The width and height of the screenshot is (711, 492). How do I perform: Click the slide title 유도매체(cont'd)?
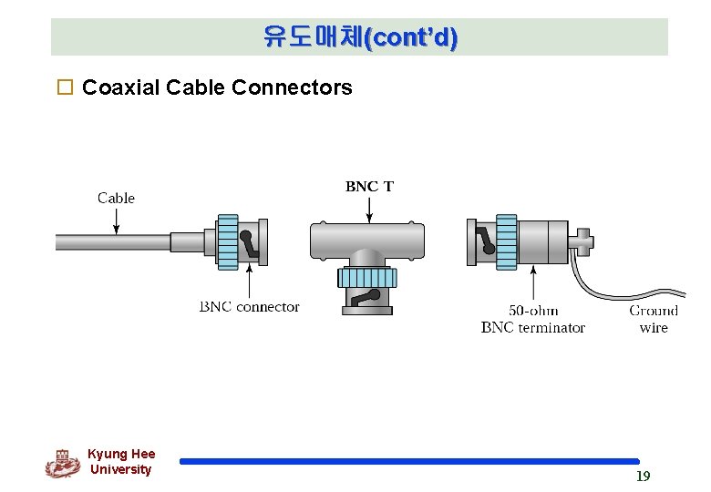(x=360, y=37)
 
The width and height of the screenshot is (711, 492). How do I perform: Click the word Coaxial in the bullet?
(x=118, y=87)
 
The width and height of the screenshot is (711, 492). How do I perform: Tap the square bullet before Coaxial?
(x=64, y=88)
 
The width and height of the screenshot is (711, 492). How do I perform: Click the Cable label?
(x=116, y=198)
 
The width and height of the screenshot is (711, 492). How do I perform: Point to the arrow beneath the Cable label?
(x=117, y=220)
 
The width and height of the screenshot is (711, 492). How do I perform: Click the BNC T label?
(x=369, y=186)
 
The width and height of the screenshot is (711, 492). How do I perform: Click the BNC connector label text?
(x=249, y=307)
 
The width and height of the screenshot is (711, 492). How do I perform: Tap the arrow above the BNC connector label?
(x=249, y=282)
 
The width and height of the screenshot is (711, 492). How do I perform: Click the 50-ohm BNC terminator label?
(x=532, y=319)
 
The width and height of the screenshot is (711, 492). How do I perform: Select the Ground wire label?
(x=653, y=319)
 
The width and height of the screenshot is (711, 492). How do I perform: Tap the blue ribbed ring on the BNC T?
(x=366, y=277)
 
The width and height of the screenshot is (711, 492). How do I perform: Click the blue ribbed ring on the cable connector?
(x=228, y=242)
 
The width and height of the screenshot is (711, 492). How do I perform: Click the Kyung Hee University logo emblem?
(x=62, y=463)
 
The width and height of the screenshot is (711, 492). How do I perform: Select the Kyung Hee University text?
(x=121, y=462)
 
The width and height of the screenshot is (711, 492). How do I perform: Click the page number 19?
(x=643, y=477)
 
